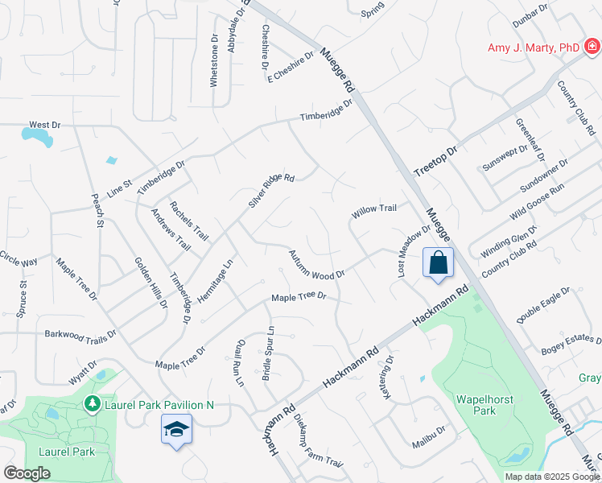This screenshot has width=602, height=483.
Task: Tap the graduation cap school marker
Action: (176, 430)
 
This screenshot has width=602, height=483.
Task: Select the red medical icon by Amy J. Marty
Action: (592, 47)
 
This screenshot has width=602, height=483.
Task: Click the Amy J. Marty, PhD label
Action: (534, 48)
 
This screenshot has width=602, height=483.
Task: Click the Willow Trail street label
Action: (373, 209)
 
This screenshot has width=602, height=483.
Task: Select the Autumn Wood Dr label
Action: (316, 265)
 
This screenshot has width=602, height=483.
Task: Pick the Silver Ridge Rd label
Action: (271, 191)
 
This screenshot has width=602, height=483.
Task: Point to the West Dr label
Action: (45, 126)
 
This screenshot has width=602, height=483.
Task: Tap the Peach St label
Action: (97, 210)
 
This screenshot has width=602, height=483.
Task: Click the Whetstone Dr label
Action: (215, 59)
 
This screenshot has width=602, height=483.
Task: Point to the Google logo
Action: (27, 473)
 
